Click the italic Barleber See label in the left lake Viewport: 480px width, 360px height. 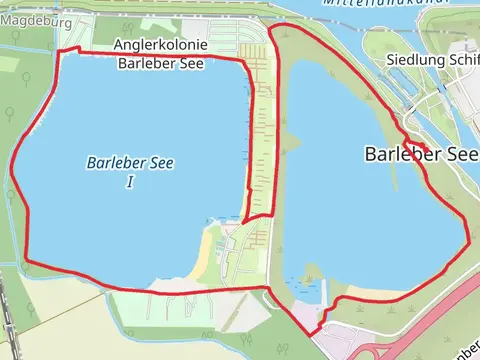[x=131, y=163]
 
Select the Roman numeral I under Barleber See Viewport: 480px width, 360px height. [x=131, y=182]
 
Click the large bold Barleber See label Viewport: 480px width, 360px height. [x=421, y=154]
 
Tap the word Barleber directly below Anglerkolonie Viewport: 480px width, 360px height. [x=146, y=64]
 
